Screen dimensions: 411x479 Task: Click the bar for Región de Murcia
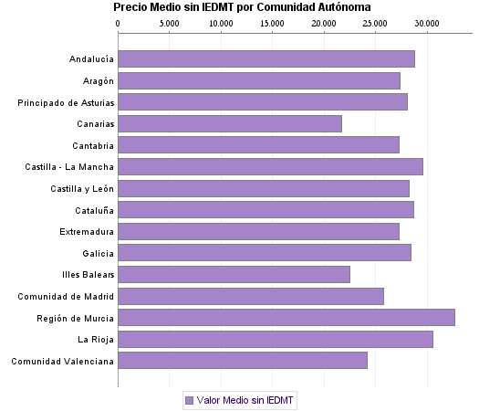(286, 318)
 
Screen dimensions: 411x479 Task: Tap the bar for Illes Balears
(234, 275)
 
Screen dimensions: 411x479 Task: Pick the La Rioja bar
(276, 340)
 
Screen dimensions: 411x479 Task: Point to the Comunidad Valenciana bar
(243, 361)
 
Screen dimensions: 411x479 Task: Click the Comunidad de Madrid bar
(251, 296)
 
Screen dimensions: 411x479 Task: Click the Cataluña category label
(93, 210)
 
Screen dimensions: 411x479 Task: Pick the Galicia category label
(98, 253)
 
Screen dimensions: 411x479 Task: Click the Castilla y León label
(82, 188)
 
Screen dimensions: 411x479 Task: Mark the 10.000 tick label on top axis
(221, 23)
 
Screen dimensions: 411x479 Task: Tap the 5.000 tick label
(170, 23)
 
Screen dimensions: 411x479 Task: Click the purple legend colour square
(189, 400)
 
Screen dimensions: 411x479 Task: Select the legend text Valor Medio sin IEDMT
(246, 400)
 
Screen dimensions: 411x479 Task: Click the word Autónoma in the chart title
(339, 7)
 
